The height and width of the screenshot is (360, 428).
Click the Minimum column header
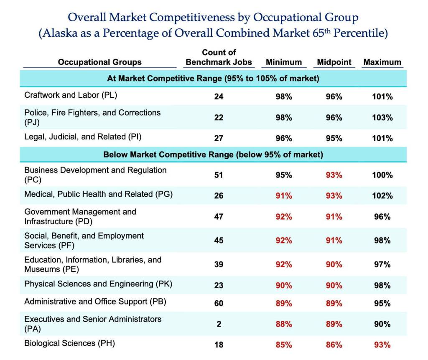[x=283, y=62]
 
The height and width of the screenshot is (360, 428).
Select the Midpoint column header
[x=334, y=62]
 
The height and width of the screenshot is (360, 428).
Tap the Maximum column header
[x=382, y=62]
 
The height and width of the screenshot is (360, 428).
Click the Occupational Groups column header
[x=99, y=62]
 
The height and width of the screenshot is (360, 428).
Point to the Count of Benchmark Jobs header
[x=219, y=58]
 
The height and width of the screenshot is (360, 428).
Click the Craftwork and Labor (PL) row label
[x=71, y=95]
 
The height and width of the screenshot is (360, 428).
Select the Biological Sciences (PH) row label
[x=69, y=343]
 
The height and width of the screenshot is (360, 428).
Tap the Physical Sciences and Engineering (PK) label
[x=98, y=284]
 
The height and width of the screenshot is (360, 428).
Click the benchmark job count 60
[x=219, y=303]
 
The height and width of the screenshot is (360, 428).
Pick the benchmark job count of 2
[x=219, y=324]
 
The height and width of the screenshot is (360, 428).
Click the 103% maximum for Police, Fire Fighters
[x=382, y=118]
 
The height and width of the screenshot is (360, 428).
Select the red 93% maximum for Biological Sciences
[x=382, y=345]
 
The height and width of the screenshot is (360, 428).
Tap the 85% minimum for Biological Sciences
[x=283, y=345]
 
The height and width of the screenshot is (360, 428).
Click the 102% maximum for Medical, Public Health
[x=382, y=196]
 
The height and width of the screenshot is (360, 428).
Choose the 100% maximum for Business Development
[x=382, y=175]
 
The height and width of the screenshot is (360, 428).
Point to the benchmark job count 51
[x=219, y=175]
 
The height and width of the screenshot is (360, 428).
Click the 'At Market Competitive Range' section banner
[x=213, y=79]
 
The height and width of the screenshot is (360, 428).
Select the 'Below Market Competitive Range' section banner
[x=213, y=155]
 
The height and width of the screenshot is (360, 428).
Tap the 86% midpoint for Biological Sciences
[x=334, y=345]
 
